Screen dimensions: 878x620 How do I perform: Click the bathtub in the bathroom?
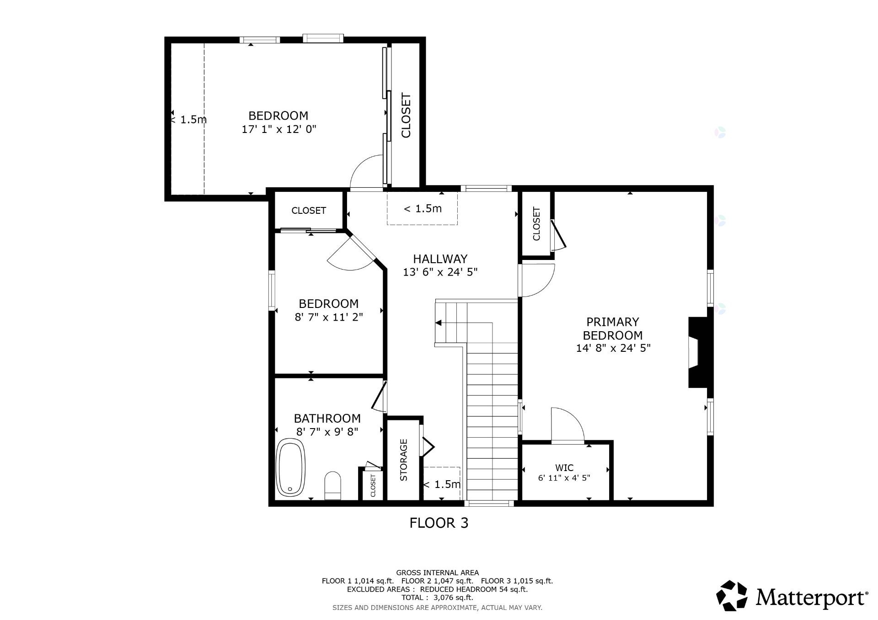(291, 467)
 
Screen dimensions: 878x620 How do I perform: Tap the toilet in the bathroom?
(332, 486)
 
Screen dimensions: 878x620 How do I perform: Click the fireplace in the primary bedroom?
(700, 353)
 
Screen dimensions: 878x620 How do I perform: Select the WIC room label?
(564, 468)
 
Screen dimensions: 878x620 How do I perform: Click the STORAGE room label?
(404, 460)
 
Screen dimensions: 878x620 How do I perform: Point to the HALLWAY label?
(440, 259)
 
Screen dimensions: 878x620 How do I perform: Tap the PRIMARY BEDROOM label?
(613, 329)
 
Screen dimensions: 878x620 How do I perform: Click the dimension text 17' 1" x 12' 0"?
(279, 129)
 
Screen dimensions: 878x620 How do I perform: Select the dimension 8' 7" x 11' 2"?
(329, 317)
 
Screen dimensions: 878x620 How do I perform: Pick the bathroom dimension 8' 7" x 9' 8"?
(327, 431)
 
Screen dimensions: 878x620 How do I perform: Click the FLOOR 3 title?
(439, 523)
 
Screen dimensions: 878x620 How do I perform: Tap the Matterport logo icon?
(732, 595)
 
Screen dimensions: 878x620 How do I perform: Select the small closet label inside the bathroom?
(373, 486)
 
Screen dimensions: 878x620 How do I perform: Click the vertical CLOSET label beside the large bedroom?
(406, 115)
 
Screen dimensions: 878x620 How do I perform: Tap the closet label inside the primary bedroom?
(536, 224)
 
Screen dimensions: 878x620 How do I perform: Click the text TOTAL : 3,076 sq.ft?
(437, 598)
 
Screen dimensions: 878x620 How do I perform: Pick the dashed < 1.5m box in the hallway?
(422, 208)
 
